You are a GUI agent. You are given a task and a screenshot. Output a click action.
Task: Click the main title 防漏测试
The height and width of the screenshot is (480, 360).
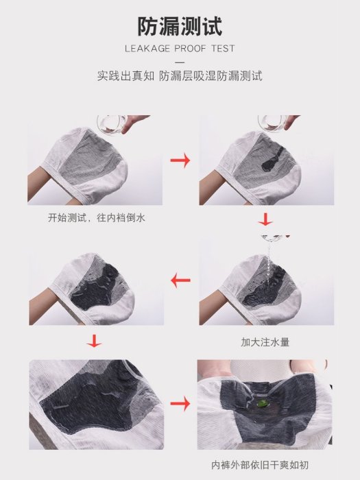pyautogui.click(x=180, y=26)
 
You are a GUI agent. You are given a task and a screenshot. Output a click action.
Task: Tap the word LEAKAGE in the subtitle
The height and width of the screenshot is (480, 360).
pyautogui.click(x=147, y=49)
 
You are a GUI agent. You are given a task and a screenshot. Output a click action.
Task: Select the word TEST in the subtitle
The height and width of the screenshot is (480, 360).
pyautogui.click(x=223, y=49)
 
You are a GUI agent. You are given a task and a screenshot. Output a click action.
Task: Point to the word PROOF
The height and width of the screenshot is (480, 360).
pyautogui.click(x=191, y=49)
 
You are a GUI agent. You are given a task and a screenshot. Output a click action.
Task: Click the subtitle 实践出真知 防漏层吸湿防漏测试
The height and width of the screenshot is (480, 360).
pyautogui.click(x=180, y=76)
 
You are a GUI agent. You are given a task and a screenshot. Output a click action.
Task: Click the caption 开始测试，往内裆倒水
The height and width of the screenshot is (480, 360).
pyautogui.click(x=97, y=218)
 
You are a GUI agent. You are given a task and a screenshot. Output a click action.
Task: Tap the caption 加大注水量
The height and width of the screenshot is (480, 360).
pyautogui.click(x=265, y=342)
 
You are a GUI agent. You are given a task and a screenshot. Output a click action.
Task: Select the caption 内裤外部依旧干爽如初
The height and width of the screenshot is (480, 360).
pyautogui.click(x=260, y=465)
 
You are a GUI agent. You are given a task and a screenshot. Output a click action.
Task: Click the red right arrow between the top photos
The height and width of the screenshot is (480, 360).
pyautogui.click(x=180, y=160)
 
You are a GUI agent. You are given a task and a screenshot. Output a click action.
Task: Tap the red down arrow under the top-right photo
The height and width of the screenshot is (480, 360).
pyautogui.click(x=265, y=219)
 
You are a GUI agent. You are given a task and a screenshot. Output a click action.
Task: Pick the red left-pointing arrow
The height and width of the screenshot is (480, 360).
pyautogui.click(x=180, y=280)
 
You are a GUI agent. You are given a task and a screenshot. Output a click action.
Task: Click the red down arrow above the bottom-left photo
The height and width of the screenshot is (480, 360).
pyautogui.click(x=94, y=341)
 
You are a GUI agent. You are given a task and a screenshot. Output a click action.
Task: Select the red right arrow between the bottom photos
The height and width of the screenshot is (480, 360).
pyautogui.click(x=180, y=404)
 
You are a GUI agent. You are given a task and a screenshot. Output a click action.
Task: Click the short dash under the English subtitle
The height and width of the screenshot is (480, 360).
pyautogui.click(x=180, y=62)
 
